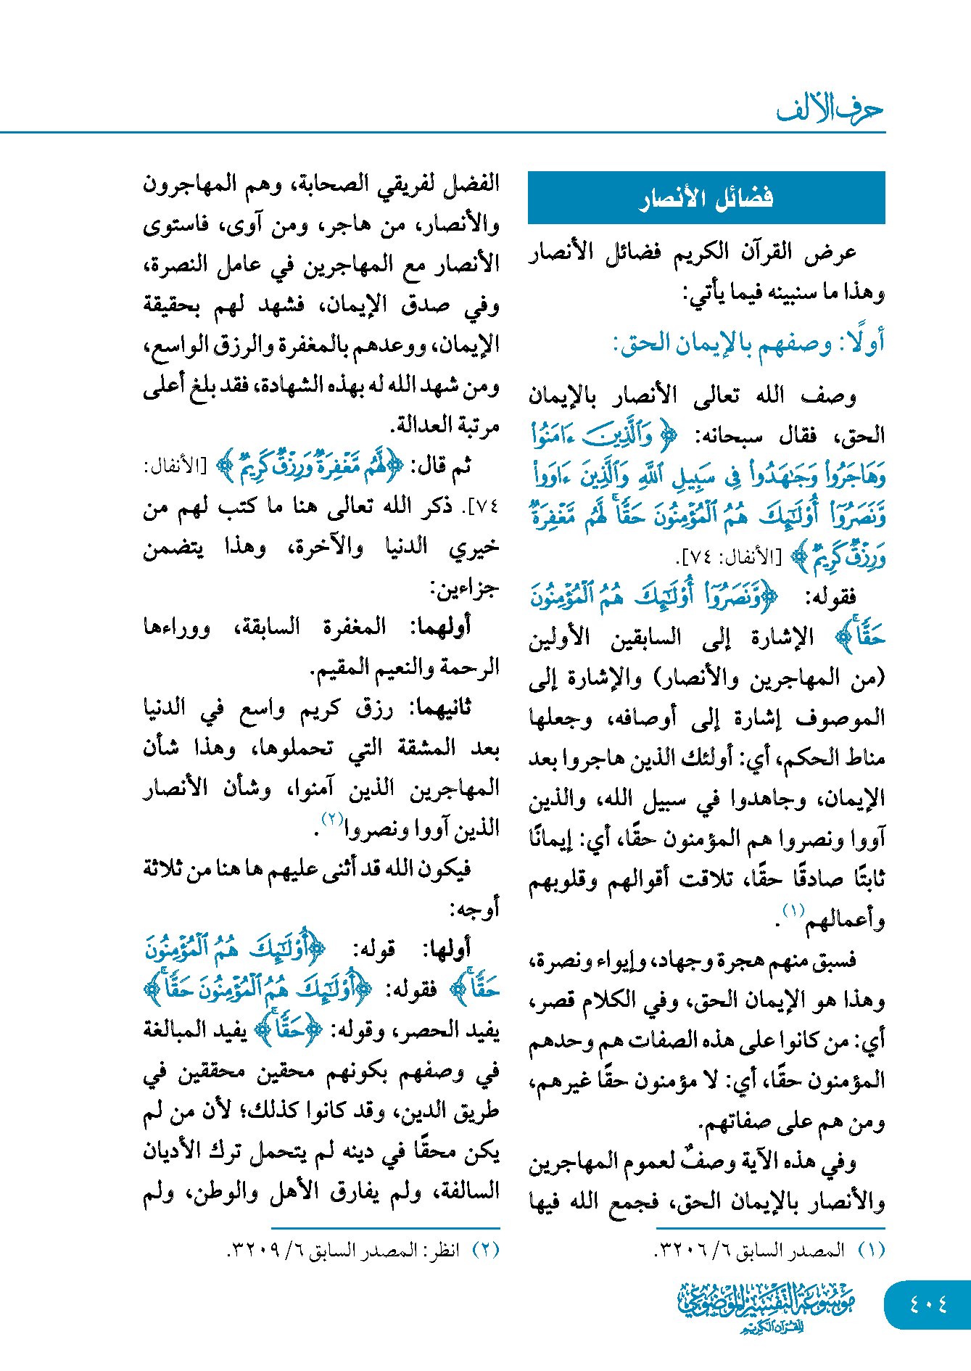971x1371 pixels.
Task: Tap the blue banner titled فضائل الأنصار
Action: (x=706, y=197)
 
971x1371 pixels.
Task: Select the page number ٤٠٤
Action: (x=928, y=1304)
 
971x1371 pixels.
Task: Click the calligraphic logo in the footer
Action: (x=767, y=1306)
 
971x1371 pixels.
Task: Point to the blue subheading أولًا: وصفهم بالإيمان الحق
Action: (x=748, y=343)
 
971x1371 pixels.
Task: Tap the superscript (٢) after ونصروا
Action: (x=331, y=819)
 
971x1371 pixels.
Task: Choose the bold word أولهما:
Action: (x=440, y=627)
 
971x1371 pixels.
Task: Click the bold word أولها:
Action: (x=449, y=949)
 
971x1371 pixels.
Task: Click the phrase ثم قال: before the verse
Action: (x=442, y=466)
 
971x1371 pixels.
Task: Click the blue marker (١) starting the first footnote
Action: (x=872, y=1250)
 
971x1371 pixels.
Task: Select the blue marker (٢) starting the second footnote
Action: (x=486, y=1250)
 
